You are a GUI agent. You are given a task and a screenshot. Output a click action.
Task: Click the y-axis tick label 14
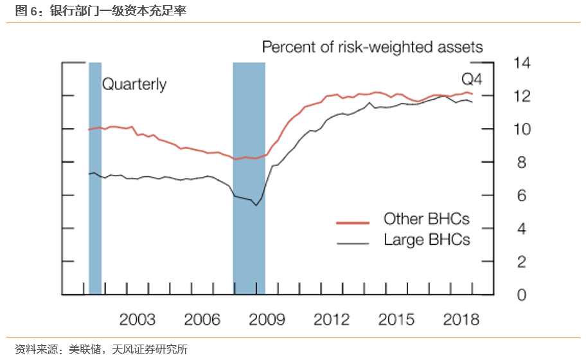click(522, 63)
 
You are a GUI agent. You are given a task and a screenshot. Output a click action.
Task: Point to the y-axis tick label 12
click(522, 96)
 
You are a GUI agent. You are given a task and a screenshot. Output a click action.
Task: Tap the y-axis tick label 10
click(522, 129)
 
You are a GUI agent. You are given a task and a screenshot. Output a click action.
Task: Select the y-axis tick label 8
click(522, 163)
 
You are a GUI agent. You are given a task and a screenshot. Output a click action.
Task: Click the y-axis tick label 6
click(522, 195)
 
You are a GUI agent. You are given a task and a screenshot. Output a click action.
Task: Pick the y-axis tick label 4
click(522, 229)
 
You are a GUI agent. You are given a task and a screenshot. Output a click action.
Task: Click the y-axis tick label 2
click(522, 262)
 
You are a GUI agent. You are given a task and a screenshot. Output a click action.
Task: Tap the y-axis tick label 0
click(522, 295)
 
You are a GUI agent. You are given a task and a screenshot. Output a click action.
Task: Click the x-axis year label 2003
click(138, 319)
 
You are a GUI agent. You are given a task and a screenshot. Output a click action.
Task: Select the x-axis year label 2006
click(202, 319)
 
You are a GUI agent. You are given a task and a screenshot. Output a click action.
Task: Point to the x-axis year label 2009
click(267, 319)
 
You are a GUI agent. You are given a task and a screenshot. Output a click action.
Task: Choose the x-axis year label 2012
click(332, 319)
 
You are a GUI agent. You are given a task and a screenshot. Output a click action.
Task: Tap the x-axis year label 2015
click(396, 319)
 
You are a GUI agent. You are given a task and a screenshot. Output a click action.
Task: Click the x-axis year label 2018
click(461, 319)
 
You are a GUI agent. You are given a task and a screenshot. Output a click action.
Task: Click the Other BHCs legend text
click(426, 219)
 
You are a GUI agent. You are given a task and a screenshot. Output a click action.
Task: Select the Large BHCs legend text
click(427, 240)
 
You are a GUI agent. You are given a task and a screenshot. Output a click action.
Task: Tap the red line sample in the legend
click(353, 222)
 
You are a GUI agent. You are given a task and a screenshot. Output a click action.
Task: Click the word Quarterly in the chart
click(134, 84)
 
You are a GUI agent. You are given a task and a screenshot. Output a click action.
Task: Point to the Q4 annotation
click(472, 80)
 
